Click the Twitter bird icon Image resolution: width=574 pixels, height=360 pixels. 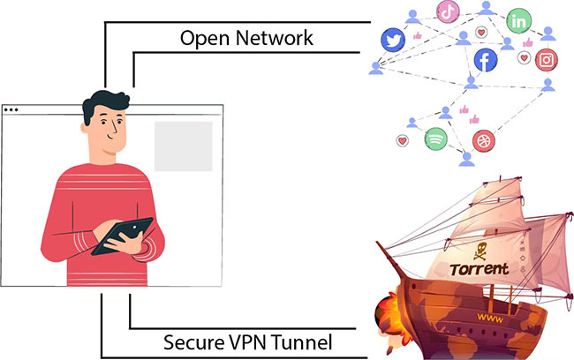(393, 39)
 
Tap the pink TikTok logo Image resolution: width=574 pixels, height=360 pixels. (448, 11)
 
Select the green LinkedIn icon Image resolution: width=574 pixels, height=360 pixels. (518, 19)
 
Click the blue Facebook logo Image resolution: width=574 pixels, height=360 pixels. (484, 59)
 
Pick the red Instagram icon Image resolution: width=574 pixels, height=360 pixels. (548, 60)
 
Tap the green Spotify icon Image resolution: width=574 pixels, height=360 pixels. (435, 139)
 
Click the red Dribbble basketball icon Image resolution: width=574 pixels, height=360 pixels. (483, 140)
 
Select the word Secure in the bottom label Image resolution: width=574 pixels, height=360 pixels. (193, 341)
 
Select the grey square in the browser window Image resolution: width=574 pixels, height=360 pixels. (184, 146)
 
